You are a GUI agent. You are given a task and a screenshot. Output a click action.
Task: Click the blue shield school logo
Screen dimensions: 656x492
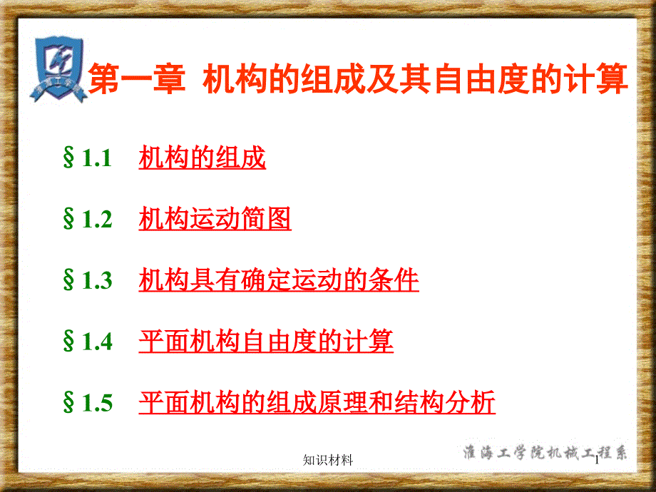[59, 69]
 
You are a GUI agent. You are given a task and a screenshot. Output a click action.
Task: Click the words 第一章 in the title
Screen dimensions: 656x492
[137, 78]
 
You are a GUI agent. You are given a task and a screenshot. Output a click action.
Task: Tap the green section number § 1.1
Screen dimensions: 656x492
[87, 158]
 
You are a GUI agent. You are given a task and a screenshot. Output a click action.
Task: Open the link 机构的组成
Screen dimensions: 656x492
[202, 158]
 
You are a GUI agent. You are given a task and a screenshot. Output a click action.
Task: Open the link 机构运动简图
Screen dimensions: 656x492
[215, 219]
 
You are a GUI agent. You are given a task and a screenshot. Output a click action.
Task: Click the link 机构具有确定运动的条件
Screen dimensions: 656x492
[279, 280]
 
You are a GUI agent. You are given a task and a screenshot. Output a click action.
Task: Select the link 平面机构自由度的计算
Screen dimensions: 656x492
[266, 341]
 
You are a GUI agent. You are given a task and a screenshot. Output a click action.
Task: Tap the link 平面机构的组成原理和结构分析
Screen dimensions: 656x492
[317, 402]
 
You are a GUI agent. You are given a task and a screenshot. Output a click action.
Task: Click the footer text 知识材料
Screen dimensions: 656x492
[328, 460]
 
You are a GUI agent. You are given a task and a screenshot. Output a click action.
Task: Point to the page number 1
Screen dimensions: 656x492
[597, 461]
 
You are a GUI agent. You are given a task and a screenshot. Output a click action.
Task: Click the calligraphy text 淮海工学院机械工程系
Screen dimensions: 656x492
[545, 452]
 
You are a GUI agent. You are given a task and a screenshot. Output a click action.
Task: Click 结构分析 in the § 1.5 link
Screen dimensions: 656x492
[445, 402]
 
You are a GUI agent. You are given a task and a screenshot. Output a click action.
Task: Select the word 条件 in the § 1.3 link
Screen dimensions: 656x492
[394, 280]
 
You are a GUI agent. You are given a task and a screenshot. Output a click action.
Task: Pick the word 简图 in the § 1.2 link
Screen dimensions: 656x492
[266, 219]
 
